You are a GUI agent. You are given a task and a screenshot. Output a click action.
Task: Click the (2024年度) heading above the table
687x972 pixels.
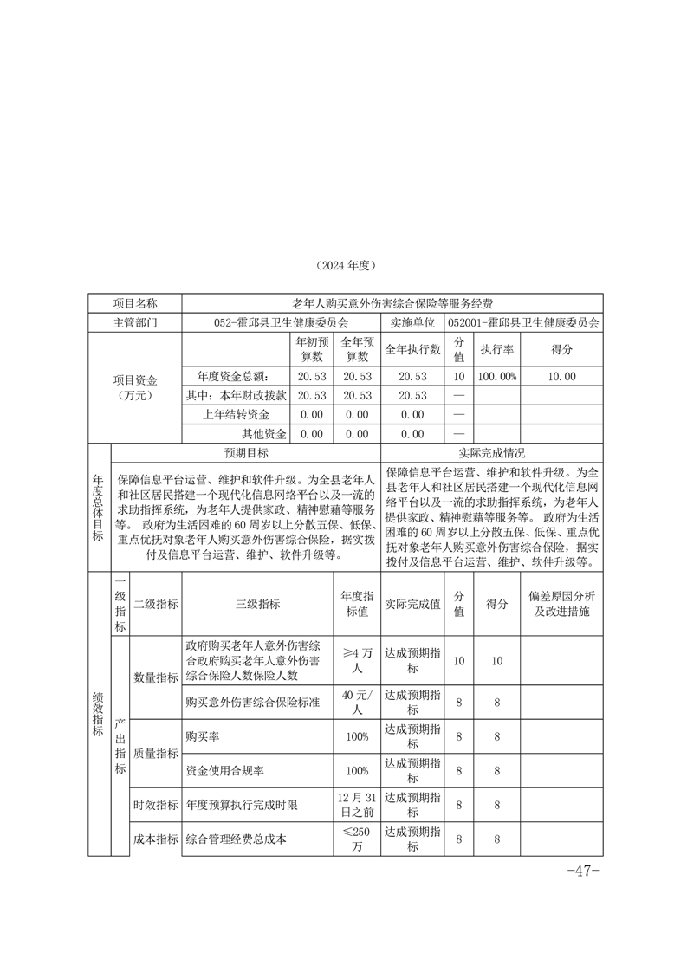coord(344,265)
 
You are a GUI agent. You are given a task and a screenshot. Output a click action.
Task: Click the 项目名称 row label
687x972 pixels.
coord(135,303)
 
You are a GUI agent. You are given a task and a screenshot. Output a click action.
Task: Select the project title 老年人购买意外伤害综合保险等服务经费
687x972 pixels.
coord(392,303)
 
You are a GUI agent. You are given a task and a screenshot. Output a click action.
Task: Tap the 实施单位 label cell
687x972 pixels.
coord(412,321)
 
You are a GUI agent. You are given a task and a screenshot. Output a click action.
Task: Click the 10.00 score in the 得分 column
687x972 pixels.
coord(561,376)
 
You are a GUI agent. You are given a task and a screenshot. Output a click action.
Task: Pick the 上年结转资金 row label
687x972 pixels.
coord(236,415)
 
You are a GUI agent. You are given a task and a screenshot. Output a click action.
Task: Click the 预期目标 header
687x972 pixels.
coord(246,453)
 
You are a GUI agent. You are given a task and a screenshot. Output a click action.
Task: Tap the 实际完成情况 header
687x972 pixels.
coord(491,453)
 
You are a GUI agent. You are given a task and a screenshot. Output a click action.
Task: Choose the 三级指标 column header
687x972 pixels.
coord(257,604)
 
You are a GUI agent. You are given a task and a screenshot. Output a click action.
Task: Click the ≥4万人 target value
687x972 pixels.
coord(357,661)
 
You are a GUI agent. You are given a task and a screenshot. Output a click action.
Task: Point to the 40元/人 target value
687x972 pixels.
coord(357,701)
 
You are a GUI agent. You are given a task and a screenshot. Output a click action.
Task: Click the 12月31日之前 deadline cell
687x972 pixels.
coord(357,805)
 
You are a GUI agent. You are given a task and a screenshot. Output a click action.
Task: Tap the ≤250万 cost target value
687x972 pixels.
coord(357,839)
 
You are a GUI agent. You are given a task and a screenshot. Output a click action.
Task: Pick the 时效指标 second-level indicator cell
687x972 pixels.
coord(155,805)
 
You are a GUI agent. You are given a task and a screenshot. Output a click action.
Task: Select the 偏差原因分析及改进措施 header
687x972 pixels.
coord(561,604)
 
